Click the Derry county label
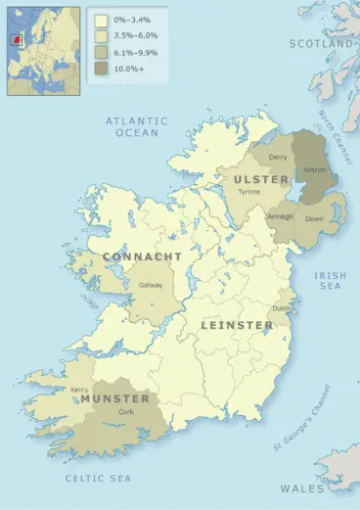(278, 157)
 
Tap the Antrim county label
(315, 169)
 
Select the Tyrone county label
(249, 192)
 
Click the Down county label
(315, 219)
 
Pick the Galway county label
(151, 285)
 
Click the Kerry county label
(80, 389)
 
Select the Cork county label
(126, 412)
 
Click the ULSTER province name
(261, 179)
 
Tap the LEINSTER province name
(238, 324)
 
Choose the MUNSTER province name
(115, 399)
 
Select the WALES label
(302, 487)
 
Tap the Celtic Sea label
(98, 478)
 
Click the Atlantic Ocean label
(136, 126)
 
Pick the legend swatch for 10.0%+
(102, 68)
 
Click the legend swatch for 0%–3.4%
(102, 19)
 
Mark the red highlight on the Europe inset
(16, 41)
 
